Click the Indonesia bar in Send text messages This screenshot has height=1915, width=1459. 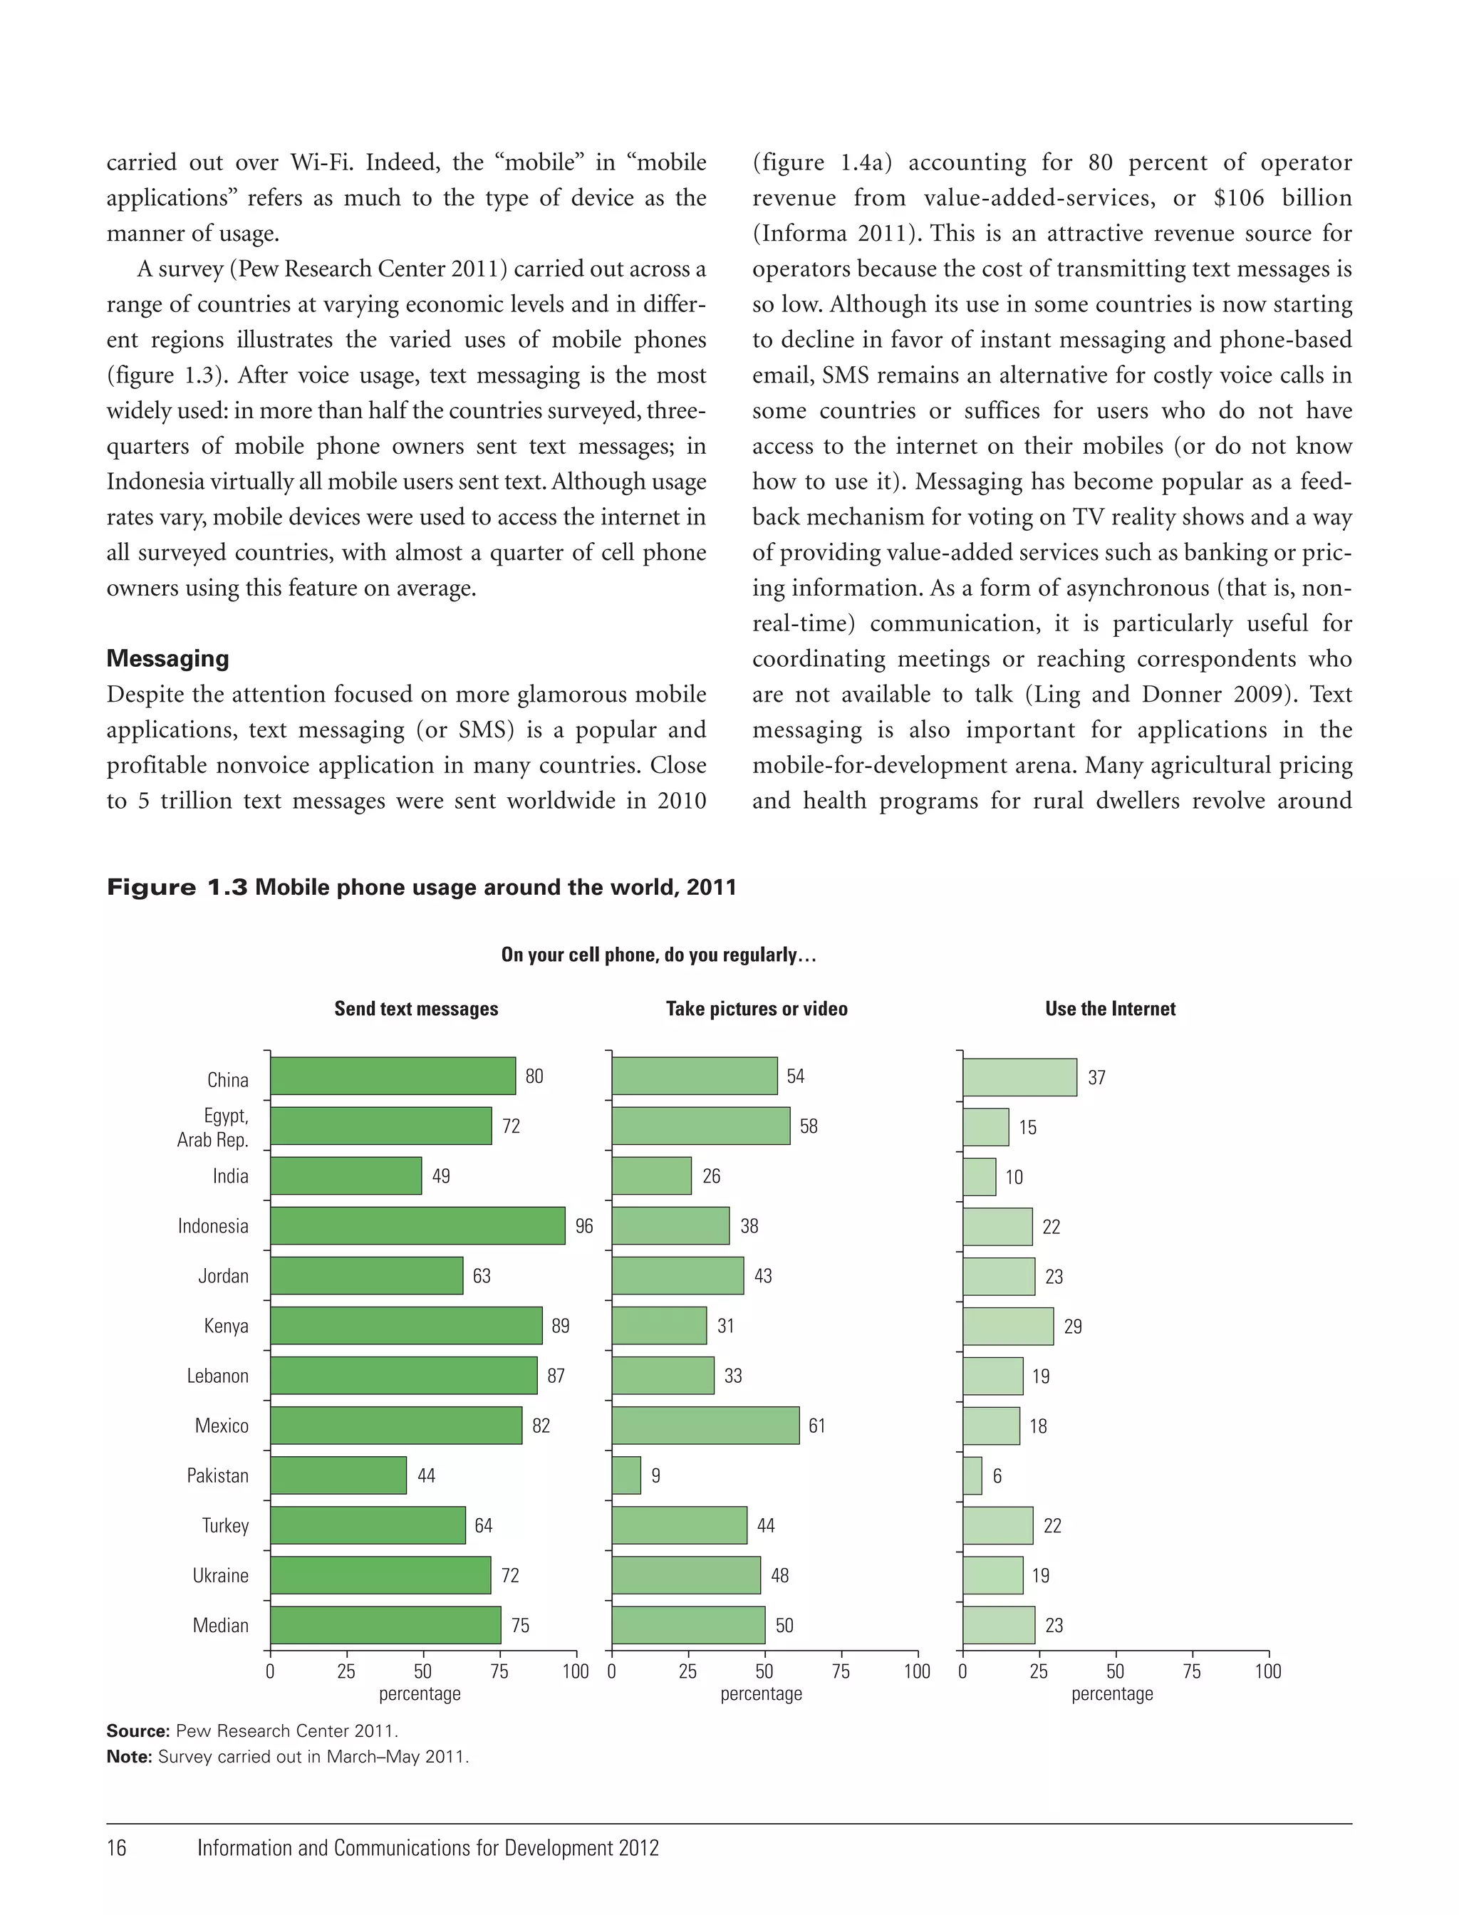[x=417, y=1225]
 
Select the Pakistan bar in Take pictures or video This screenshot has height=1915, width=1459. [x=626, y=1475]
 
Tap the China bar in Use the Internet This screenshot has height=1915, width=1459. [x=1019, y=1077]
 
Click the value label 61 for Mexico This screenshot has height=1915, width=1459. [x=816, y=1425]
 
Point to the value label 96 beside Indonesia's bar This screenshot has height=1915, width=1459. [x=583, y=1225]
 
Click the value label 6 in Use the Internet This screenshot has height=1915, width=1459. [x=996, y=1475]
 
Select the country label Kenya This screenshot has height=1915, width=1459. [x=226, y=1325]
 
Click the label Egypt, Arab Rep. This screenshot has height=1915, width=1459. [x=213, y=1127]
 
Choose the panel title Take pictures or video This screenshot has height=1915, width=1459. [x=757, y=1008]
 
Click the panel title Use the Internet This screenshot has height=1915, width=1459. [x=1110, y=1008]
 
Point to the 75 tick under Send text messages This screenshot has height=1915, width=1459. [x=499, y=1671]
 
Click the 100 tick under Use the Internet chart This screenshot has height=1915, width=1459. [x=1267, y=1671]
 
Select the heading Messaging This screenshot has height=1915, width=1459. [x=167, y=658]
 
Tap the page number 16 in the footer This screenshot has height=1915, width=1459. [x=116, y=1847]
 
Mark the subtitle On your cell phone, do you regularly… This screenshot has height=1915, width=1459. [x=658, y=955]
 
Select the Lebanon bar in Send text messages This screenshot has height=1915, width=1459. [x=403, y=1375]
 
